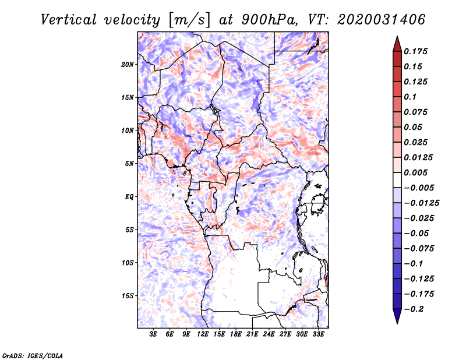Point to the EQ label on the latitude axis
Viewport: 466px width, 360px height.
pyautogui.click(x=129, y=197)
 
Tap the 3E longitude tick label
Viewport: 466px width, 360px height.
pyautogui.click(x=153, y=335)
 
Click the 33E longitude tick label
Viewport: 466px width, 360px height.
pyautogui.click(x=319, y=335)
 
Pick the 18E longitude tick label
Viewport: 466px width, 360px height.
pyautogui.click(x=236, y=335)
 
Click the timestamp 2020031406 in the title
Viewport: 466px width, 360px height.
pyautogui.click(x=381, y=19)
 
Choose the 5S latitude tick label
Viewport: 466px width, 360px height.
pyautogui.click(x=129, y=230)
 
